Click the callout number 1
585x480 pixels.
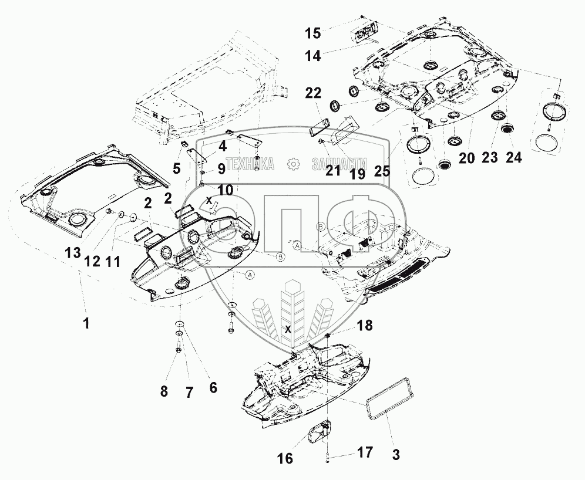[86, 323]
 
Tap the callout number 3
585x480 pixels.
[396, 455]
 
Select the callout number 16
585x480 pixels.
[285, 458]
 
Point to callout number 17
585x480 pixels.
[365, 452]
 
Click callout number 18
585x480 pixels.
[365, 325]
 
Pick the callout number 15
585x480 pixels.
[313, 33]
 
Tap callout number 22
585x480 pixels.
[313, 93]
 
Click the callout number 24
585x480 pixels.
[514, 158]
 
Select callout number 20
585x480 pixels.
[466, 158]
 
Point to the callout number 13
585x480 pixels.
[73, 253]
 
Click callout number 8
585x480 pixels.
[164, 391]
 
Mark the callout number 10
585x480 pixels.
[226, 190]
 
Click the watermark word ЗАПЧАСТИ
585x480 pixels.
[339, 164]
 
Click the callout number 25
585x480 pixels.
[382, 171]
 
